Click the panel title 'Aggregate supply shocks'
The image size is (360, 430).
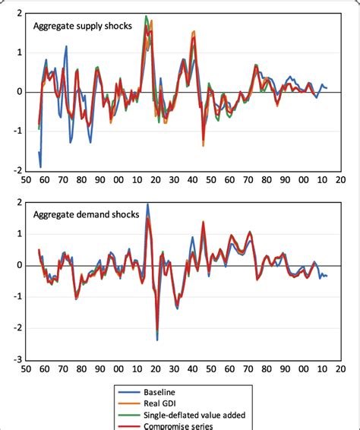pyautogui.click(x=82, y=26)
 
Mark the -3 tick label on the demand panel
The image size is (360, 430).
pyautogui.click(x=17, y=360)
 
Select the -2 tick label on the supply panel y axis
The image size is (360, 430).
pyautogui.click(x=17, y=171)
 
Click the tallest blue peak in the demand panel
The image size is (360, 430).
pyautogui.click(x=147, y=204)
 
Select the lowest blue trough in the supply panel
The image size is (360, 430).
pyautogui.click(x=40, y=166)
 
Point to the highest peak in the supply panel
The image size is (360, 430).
pyautogui.click(x=146, y=16)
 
